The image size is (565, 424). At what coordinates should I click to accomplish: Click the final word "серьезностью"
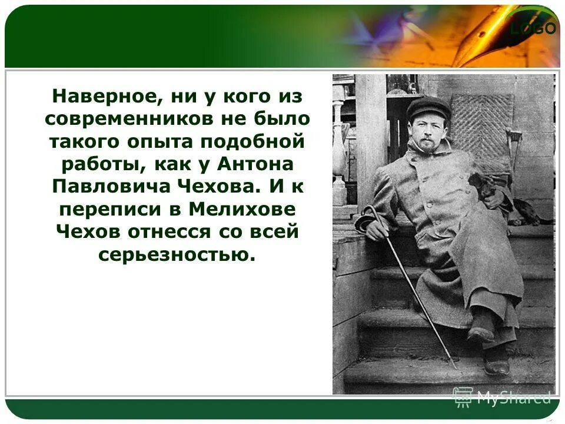pyautogui.click(x=177, y=254)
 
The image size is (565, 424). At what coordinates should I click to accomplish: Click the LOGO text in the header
pyautogui.click(x=533, y=28)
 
